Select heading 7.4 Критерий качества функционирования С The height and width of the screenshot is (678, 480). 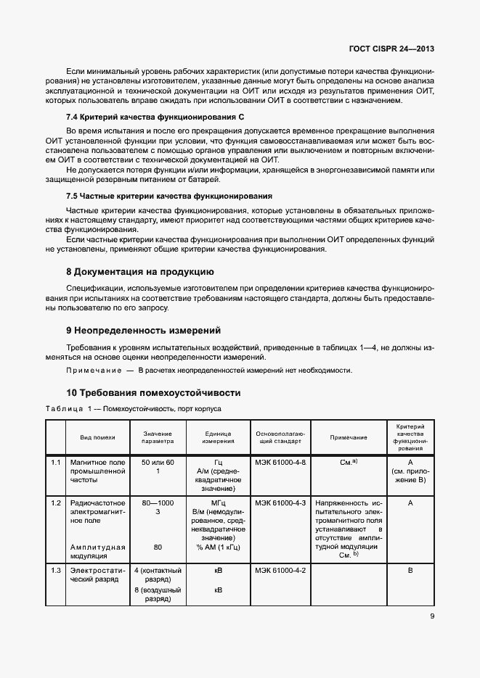click(155, 117)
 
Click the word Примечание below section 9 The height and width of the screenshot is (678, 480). click(93, 371)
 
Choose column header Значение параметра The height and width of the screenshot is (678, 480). click(158, 437)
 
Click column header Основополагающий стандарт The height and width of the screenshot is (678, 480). click(280, 437)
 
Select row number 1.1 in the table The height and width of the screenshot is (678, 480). click(55, 463)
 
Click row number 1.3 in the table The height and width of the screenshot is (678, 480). click(55, 571)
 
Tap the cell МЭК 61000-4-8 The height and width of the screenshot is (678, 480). click(280, 463)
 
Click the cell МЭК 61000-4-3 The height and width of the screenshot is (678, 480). click(280, 503)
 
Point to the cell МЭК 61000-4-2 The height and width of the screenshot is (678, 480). click(280, 571)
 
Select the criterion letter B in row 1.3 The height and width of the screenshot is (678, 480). click(410, 571)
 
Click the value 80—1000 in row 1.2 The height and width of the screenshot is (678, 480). click(158, 503)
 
